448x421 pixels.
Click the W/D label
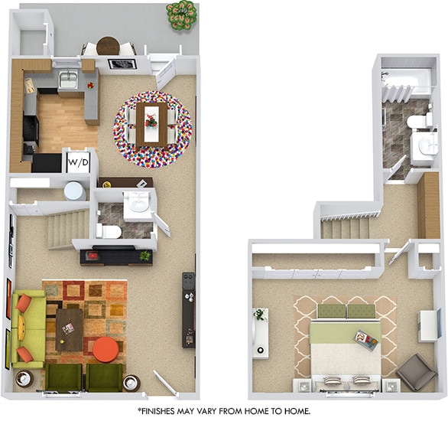click(x=79, y=162)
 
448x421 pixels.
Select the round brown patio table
click(x=108, y=45)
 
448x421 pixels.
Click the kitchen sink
click(x=68, y=79)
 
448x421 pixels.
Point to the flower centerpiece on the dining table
click(x=151, y=119)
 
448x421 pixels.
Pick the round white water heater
click(x=74, y=190)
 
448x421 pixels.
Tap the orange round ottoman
click(x=106, y=350)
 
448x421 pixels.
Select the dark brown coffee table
click(x=70, y=328)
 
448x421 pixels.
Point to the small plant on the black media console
click(x=144, y=256)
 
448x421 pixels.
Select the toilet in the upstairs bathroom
click(x=417, y=121)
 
